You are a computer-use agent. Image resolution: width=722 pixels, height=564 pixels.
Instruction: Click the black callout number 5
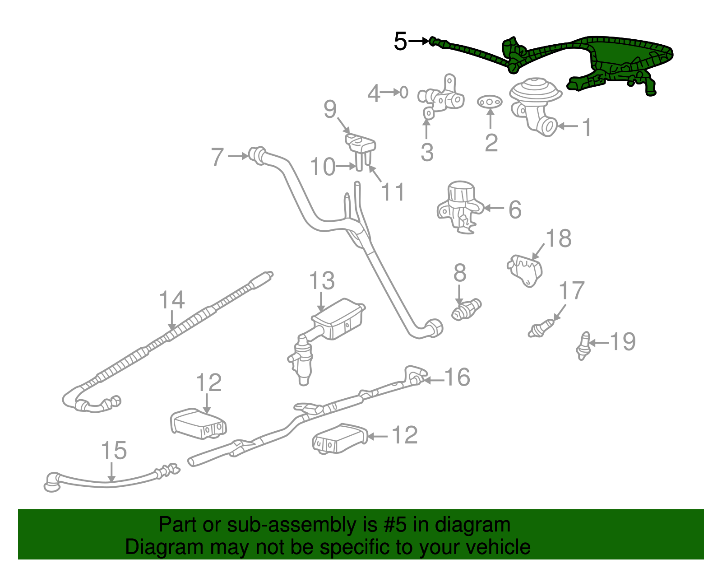(400, 42)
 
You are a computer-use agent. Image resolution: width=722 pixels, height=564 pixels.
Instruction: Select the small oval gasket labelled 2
(490, 102)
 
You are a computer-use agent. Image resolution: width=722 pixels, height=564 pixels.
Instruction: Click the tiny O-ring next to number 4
(404, 93)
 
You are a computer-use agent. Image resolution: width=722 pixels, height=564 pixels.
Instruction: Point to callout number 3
(427, 152)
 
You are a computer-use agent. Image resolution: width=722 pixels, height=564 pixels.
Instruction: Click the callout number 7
(218, 157)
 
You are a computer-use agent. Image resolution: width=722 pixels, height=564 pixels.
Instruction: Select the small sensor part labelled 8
(467, 309)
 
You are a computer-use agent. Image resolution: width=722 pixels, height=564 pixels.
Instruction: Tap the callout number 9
(330, 109)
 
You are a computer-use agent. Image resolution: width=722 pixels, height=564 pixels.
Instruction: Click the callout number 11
(393, 192)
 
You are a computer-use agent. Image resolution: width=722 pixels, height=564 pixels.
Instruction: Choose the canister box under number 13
(338, 321)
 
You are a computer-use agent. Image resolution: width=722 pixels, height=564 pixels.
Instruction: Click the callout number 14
(172, 300)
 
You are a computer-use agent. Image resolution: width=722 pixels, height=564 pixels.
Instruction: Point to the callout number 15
(114, 451)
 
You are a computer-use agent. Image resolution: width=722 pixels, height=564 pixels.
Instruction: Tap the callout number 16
(457, 377)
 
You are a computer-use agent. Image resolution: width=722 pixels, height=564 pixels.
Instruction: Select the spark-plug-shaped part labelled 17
(541, 329)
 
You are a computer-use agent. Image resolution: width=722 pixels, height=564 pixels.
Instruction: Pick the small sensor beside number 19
(583, 346)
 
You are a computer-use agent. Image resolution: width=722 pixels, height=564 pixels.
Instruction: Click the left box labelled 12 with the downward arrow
(198, 424)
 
